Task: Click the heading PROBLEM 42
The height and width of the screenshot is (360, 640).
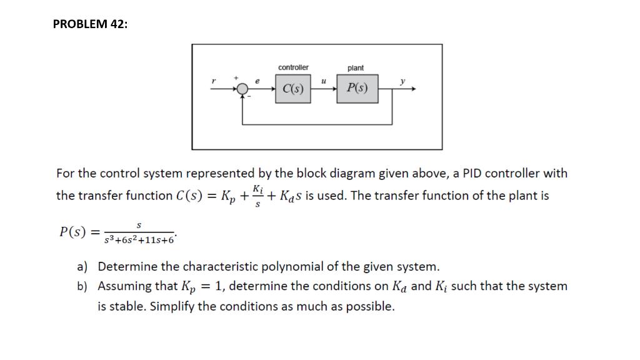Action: pos(90,24)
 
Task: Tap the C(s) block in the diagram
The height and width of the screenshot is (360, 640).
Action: pos(292,89)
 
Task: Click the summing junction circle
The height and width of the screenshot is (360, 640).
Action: pos(241,89)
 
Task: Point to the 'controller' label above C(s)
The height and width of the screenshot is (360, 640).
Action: pos(293,67)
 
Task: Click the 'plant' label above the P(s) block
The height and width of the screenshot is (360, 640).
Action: pos(355,67)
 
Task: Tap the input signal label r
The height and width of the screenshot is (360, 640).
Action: pos(214,81)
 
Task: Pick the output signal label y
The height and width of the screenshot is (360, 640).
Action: pos(402,81)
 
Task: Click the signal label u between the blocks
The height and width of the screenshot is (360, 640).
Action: pos(323,81)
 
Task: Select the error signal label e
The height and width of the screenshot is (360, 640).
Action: pos(257,81)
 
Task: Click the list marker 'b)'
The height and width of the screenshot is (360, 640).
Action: pos(82,286)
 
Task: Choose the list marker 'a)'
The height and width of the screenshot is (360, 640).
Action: pos(82,267)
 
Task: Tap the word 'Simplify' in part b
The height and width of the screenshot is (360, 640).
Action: pos(171,307)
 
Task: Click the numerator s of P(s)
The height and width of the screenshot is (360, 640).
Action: pos(139,224)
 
